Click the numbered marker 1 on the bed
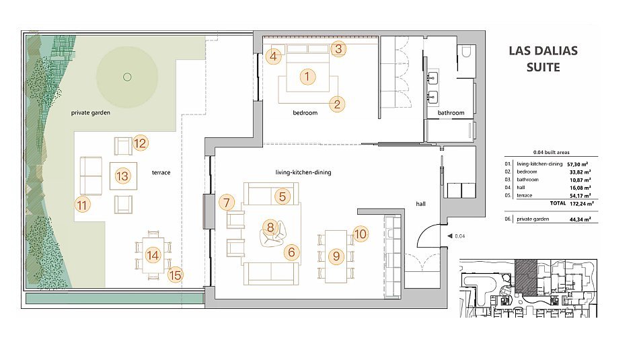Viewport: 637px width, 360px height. tap(307, 77)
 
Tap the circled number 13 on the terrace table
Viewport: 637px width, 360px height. tap(122, 176)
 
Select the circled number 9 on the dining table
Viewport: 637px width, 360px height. tap(336, 256)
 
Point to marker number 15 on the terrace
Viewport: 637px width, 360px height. tap(175, 275)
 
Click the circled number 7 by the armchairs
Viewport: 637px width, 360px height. tap(227, 203)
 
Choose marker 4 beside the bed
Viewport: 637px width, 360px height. tap(273, 56)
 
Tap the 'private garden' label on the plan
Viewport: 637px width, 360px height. tap(91, 112)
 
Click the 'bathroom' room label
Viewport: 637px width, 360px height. tap(451, 112)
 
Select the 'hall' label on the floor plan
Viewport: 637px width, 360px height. tap(421, 204)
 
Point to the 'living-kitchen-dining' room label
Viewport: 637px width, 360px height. tap(303, 172)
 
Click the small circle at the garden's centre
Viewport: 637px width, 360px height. tap(127, 77)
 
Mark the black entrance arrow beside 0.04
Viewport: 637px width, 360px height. tap(449, 236)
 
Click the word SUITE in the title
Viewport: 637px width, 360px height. tap(543, 67)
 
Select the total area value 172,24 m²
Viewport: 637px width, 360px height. tap(582, 203)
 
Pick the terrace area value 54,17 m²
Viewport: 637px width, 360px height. tap(580, 195)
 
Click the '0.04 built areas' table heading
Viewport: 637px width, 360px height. tap(552, 152)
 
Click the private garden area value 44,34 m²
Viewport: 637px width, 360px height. tap(580, 219)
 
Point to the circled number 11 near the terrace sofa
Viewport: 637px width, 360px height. tap(83, 205)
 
